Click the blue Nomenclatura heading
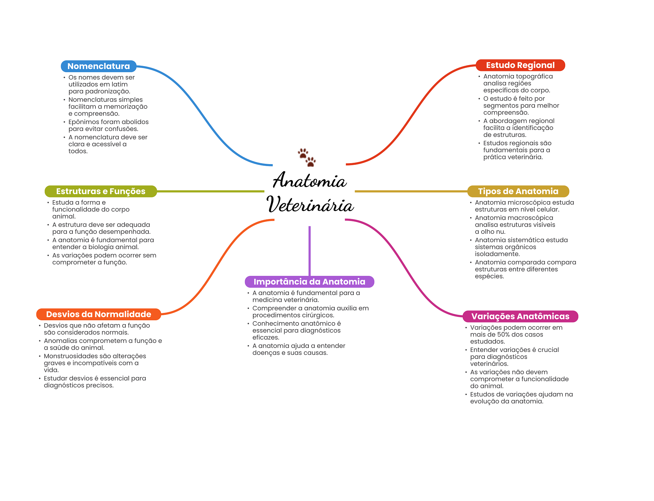pyautogui.click(x=98, y=66)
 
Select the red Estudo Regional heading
pyautogui.click(x=520, y=65)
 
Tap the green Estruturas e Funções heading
pyautogui.click(x=101, y=191)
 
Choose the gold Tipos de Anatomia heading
pyautogui.click(x=518, y=191)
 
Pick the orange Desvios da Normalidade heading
pyautogui.click(x=98, y=314)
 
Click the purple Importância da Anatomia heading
pyautogui.click(x=309, y=282)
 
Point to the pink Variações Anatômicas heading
pyautogui.click(x=520, y=316)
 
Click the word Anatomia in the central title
pyautogui.click(x=309, y=180)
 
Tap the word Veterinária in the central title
pyautogui.click(x=310, y=205)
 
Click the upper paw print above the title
pyautogui.click(x=303, y=153)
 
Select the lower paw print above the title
pyautogui.click(x=310, y=161)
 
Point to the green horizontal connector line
pyautogui.click(x=211, y=191)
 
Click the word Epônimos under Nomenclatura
pyautogui.click(x=82, y=122)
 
